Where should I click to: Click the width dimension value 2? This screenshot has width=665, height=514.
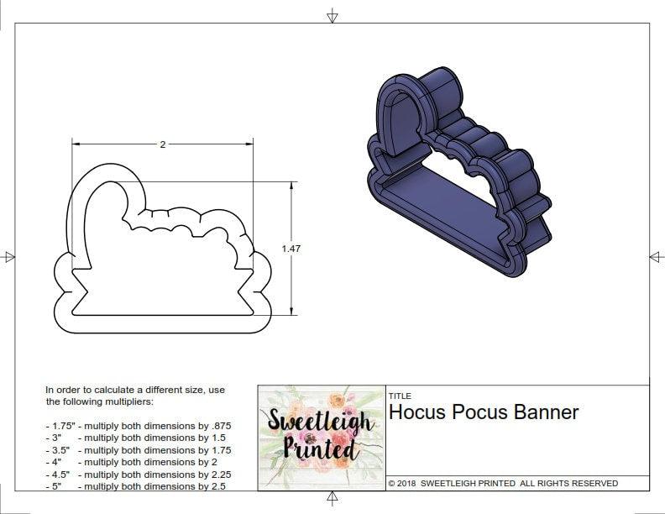pyautogui.click(x=162, y=144)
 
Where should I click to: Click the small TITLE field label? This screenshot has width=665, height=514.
pyautogui.click(x=400, y=396)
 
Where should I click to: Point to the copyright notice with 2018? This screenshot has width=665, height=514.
pyautogui.click(x=503, y=484)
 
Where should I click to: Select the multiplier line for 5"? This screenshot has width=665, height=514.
pyautogui.click(x=136, y=486)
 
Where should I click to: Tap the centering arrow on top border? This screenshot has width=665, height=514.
pyautogui.click(x=332, y=15)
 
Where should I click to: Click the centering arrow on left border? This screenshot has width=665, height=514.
pyautogui.click(x=9, y=257)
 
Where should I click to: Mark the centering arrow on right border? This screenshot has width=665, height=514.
pyautogui.click(x=656, y=256)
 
